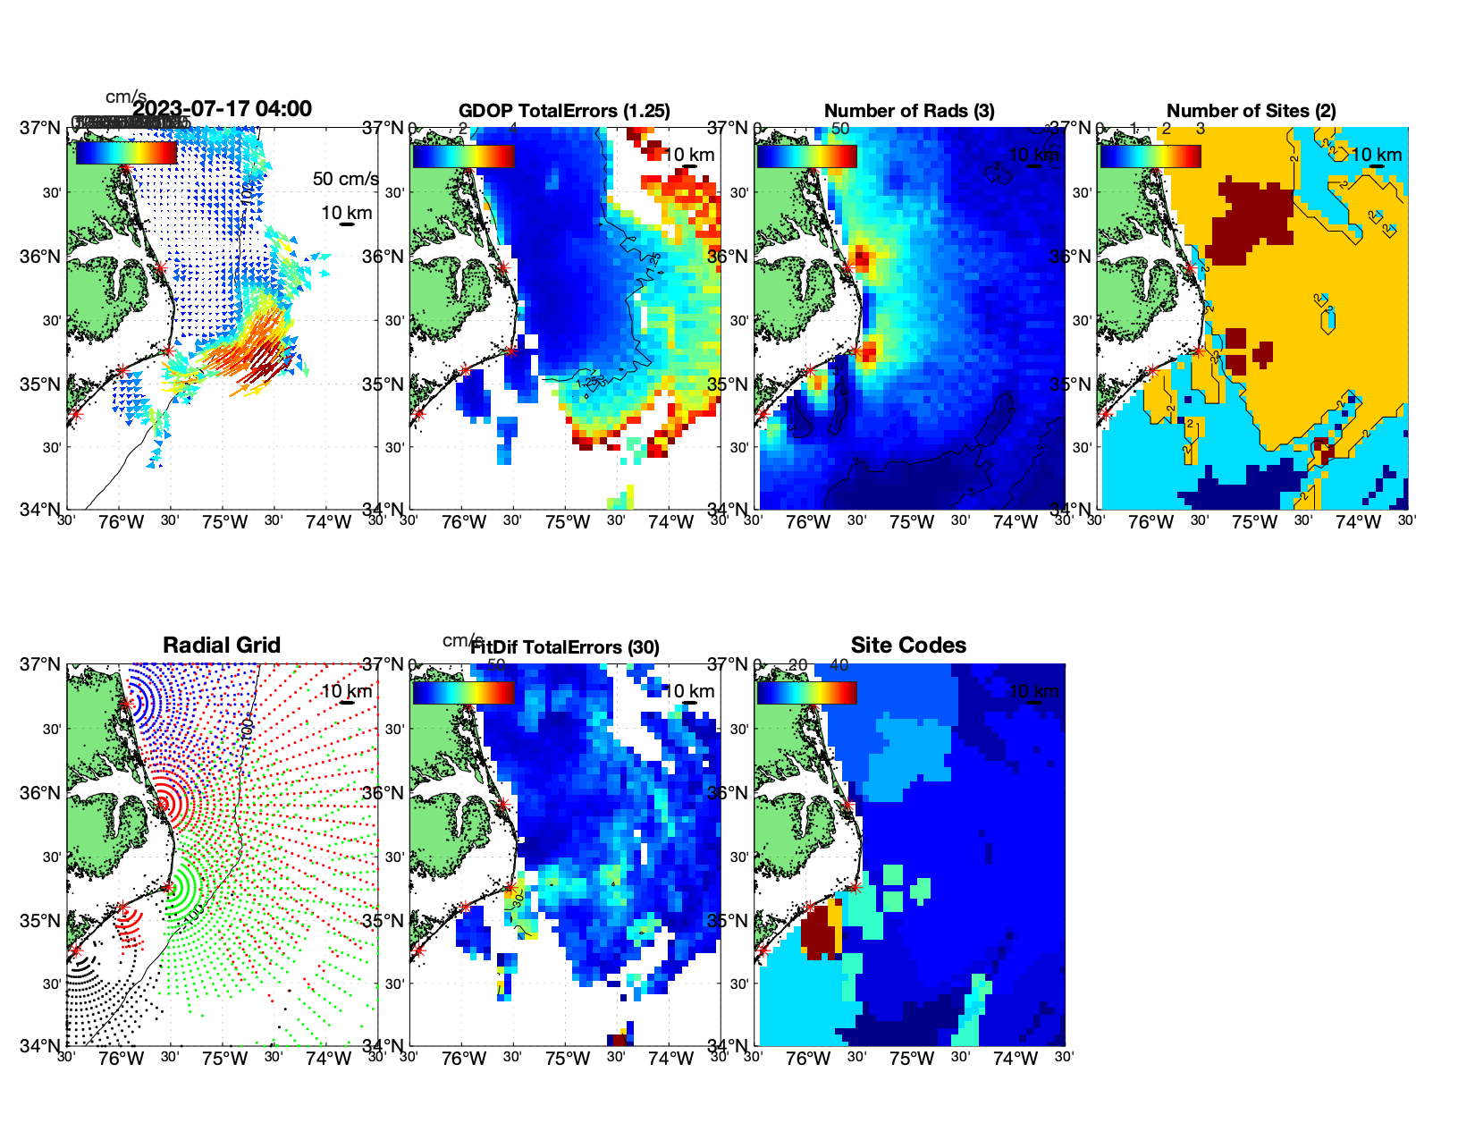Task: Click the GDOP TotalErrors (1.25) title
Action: tap(564, 111)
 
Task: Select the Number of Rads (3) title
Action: tap(909, 111)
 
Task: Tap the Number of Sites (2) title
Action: tap(1251, 111)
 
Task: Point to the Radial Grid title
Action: tap(222, 646)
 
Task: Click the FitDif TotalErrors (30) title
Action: tap(564, 647)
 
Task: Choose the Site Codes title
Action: tap(908, 646)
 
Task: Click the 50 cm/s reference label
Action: tap(345, 179)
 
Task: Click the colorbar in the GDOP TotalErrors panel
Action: tap(463, 156)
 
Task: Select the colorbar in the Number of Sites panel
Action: tap(1150, 156)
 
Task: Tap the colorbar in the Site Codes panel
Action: tap(806, 692)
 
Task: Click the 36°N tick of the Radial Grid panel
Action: tap(41, 793)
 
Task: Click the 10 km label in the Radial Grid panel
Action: tap(346, 691)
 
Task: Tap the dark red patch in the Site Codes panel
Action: tap(815, 933)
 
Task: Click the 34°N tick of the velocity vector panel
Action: tap(41, 510)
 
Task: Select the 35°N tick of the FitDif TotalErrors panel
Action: tap(385, 921)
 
